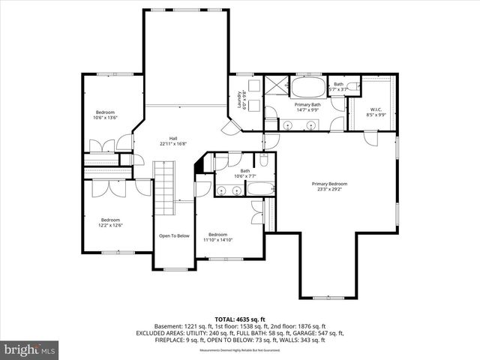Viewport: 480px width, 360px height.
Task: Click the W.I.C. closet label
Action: (375, 112)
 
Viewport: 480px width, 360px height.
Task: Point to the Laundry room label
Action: (240, 100)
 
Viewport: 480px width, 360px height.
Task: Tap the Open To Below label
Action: (174, 235)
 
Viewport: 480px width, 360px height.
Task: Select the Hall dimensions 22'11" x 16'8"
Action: (173, 143)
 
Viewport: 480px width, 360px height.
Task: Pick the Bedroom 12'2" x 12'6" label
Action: (110, 222)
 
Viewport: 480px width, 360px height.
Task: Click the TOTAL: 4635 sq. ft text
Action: (239, 318)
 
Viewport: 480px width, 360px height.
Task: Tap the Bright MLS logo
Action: (30, 349)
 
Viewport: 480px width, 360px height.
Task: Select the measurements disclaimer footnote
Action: (239, 350)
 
